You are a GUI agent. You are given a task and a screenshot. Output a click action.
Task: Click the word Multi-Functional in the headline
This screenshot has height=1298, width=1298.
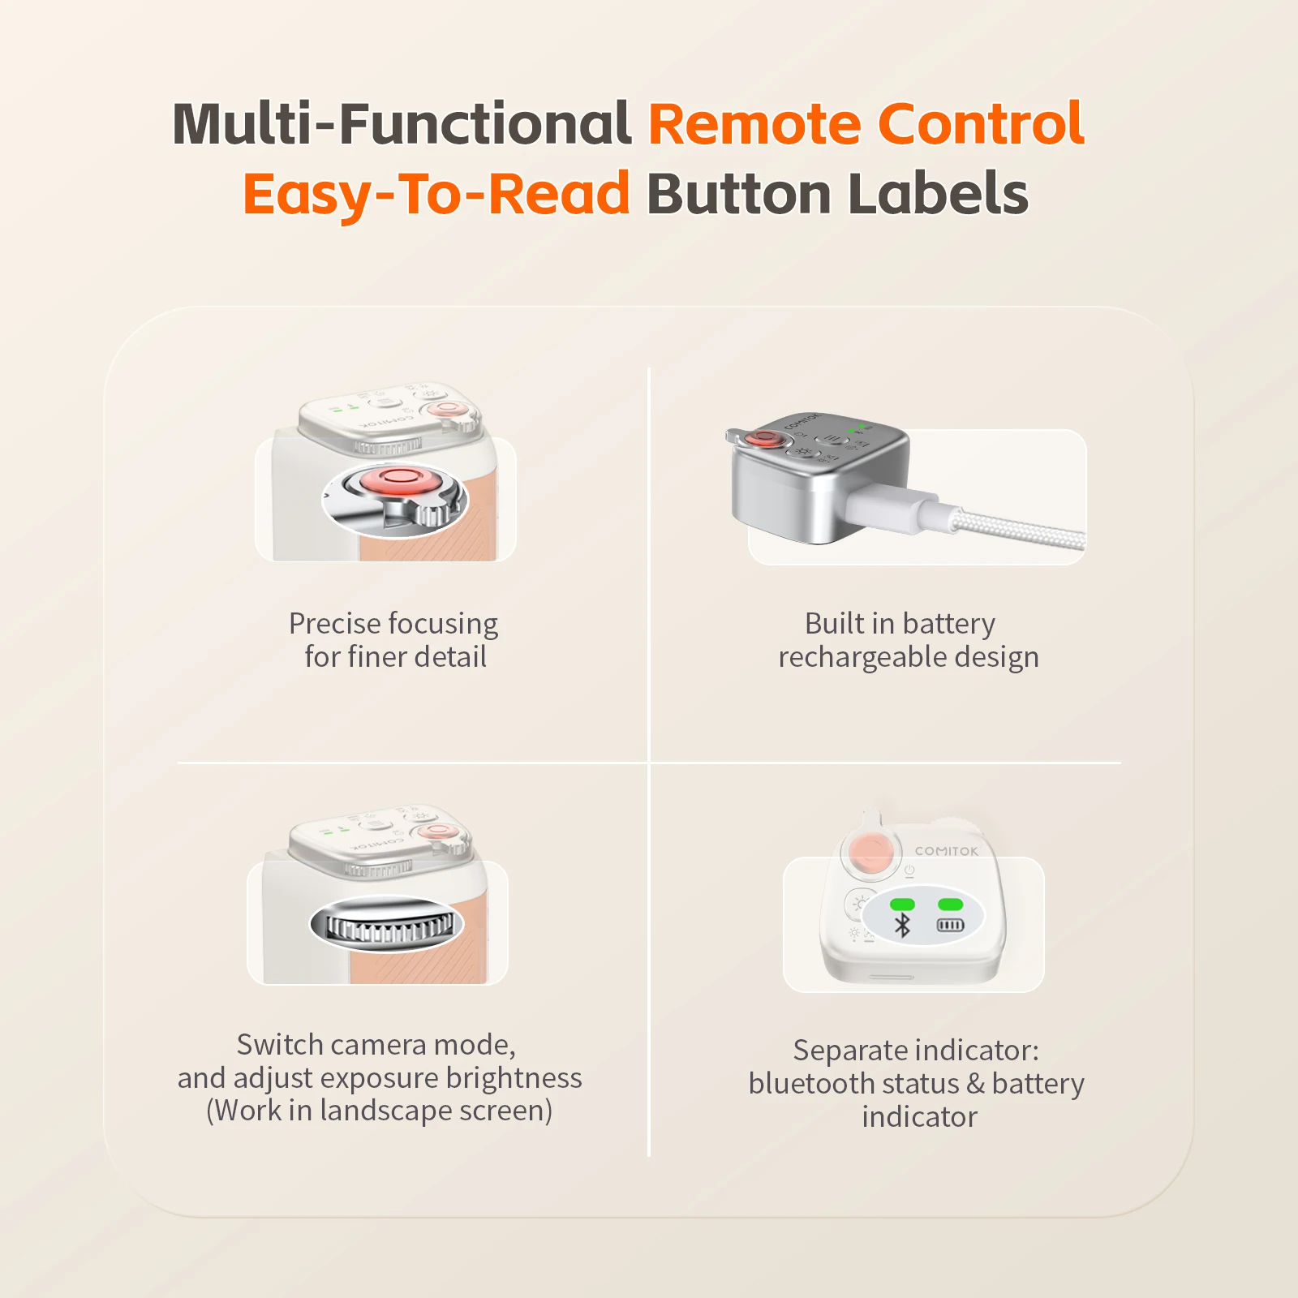coord(402,123)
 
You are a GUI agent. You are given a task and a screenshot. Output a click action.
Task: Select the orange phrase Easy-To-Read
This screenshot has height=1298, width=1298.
coord(436,195)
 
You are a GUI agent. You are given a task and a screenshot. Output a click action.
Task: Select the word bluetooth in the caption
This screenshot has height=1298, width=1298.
coord(812,1084)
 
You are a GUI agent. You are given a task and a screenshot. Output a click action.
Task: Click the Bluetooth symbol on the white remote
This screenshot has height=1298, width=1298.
coord(902,925)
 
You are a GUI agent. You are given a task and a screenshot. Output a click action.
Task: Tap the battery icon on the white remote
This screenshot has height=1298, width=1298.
coord(950,925)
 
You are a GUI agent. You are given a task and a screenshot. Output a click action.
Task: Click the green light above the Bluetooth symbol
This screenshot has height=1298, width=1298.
coord(902,904)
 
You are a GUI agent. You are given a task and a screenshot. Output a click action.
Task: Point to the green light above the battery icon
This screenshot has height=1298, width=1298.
coord(950,904)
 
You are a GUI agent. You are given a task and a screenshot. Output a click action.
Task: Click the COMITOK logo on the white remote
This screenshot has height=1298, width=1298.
coord(947,851)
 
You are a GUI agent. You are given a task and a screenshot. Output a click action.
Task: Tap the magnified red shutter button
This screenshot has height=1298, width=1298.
coord(396,481)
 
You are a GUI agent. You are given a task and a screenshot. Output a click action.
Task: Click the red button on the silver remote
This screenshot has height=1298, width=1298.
coord(763,439)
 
